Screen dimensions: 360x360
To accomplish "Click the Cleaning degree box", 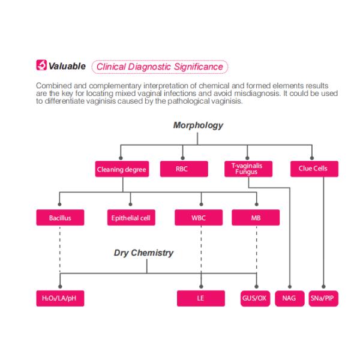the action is pyautogui.click(x=122, y=169).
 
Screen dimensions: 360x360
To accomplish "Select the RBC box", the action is pyautogui.click(x=184, y=169).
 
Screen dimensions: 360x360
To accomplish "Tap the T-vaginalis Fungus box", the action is pyautogui.click(x=248, y=169).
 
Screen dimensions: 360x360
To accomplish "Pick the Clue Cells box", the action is pyautogui.click(x=314, y=169).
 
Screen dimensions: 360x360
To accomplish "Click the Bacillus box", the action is pyautogui.click(x=60, y=217).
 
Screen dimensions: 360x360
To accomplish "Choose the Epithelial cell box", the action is pyautogui.click(x=131, y=217).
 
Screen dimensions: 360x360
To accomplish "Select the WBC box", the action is pyautogui.click(x=199, y=217).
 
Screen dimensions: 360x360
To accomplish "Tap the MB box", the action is pyautogui.click(x=256, y=217).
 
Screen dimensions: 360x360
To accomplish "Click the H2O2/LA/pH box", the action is pyautogui.click(x=60, y=298).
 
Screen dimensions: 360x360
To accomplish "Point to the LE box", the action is pyautogui.click(x=201, y=298).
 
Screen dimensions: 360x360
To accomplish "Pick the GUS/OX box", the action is pyautogui.click(x=255, y=298).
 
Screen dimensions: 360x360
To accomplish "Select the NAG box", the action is pyautogui.click(x=290, y=298).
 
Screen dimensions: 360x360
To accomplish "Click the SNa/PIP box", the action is pyautogui.click(x=323, y=298).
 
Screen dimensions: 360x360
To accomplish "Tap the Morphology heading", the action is pyautogui.click(x=198, y=125).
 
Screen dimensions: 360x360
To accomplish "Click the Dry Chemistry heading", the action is pyautogui.click(x=144, y=253).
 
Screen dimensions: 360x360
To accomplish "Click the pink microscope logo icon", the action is pyautogui.click(x=41, y=65).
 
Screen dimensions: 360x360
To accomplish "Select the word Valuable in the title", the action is pyautogui.click(x=67, y=66).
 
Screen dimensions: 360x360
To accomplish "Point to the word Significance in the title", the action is pyautogui.click(x=199, y=67).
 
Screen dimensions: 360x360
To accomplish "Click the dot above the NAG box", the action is pyautogui.click(x=290, y=287).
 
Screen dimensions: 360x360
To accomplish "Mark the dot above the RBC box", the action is pyautogui.click(x=183, y=158).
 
